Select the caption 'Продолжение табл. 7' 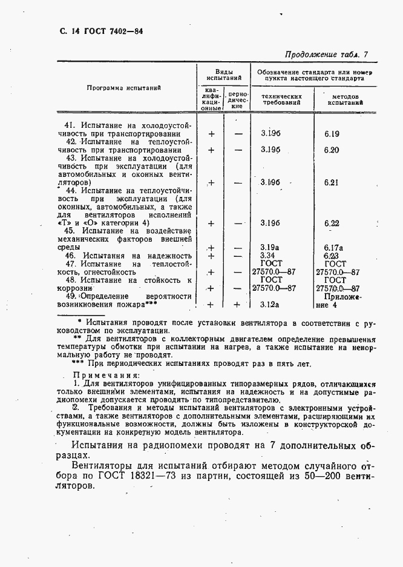(x=326, y=55)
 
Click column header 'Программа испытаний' (x=123, y=88)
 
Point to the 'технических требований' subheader (x=281, y=99)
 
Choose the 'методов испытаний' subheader (x=344, y=99)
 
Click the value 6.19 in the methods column (x=332, y=134)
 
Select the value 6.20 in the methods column (x=332, y=150)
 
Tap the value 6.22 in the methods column (x=332, y=223)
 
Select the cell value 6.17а (x=333, y=247)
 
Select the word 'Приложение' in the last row (x=342, y=297)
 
